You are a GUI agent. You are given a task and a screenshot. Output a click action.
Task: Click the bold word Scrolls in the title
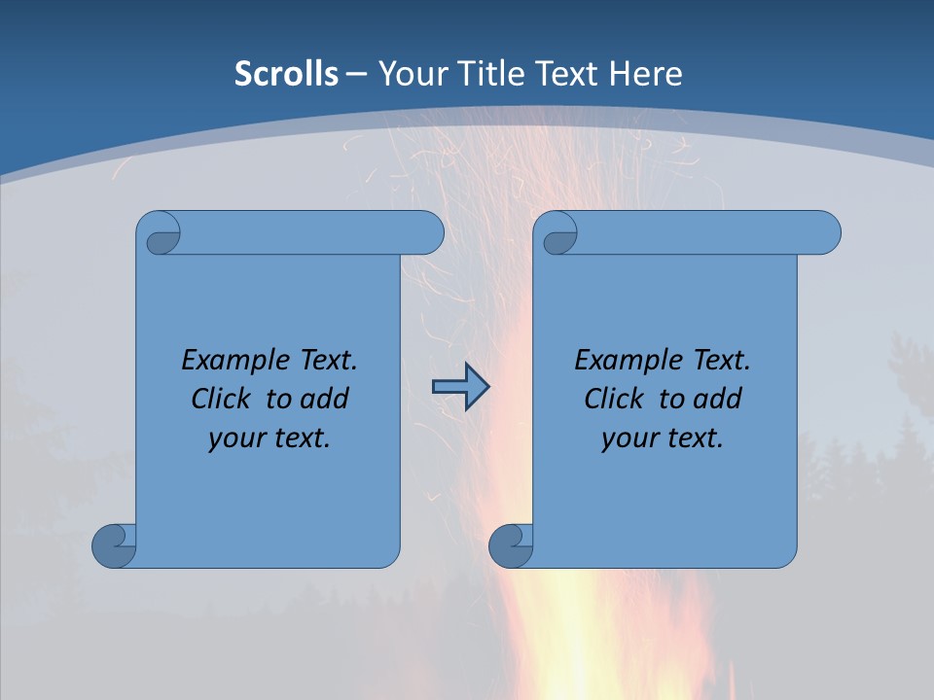point(286,74)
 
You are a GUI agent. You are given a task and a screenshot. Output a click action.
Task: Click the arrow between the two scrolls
point(460,387)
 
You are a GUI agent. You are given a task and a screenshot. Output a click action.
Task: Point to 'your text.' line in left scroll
point(269,437)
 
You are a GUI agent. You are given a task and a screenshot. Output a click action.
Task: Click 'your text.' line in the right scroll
point(663,437)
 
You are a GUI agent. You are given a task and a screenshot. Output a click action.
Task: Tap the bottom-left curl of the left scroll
point(114,545)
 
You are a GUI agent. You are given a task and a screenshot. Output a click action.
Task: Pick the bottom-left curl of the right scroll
point(511,545)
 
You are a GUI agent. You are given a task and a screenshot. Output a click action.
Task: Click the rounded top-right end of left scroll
point(429,233)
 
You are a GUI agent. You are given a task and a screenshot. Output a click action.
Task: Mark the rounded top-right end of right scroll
point(826,233)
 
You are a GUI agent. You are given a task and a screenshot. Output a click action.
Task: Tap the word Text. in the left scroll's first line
point(327,361)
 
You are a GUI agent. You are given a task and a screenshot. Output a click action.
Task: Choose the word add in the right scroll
point(718,399)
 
